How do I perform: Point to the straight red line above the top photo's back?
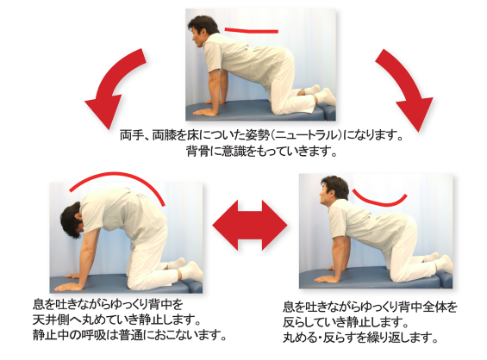point(251,30)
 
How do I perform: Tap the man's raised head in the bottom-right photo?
point(333,195)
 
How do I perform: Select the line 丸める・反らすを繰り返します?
point(362,336)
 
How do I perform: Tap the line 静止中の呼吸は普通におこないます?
point(129,336)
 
